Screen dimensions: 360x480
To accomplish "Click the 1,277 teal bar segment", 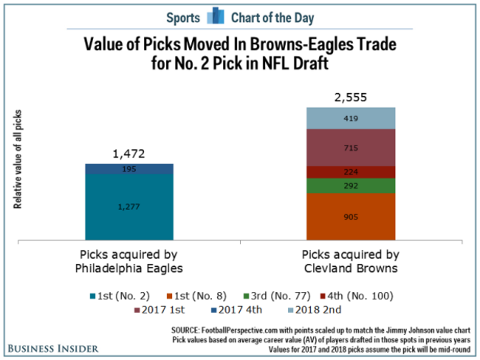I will pos(130,206).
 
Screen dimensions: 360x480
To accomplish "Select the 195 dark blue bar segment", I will pos(130,169).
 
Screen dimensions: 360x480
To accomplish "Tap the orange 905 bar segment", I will pos(352,217).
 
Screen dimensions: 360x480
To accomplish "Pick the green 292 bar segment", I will pos(352,186).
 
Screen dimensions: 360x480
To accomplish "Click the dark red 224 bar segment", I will pos(352,171).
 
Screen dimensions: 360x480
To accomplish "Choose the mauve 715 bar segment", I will pos(352,148).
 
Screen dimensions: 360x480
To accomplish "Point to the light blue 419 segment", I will pos(352,118).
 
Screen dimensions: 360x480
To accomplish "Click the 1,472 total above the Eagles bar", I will pos(130,154).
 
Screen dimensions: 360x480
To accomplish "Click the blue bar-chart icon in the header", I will pos(215,16).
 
